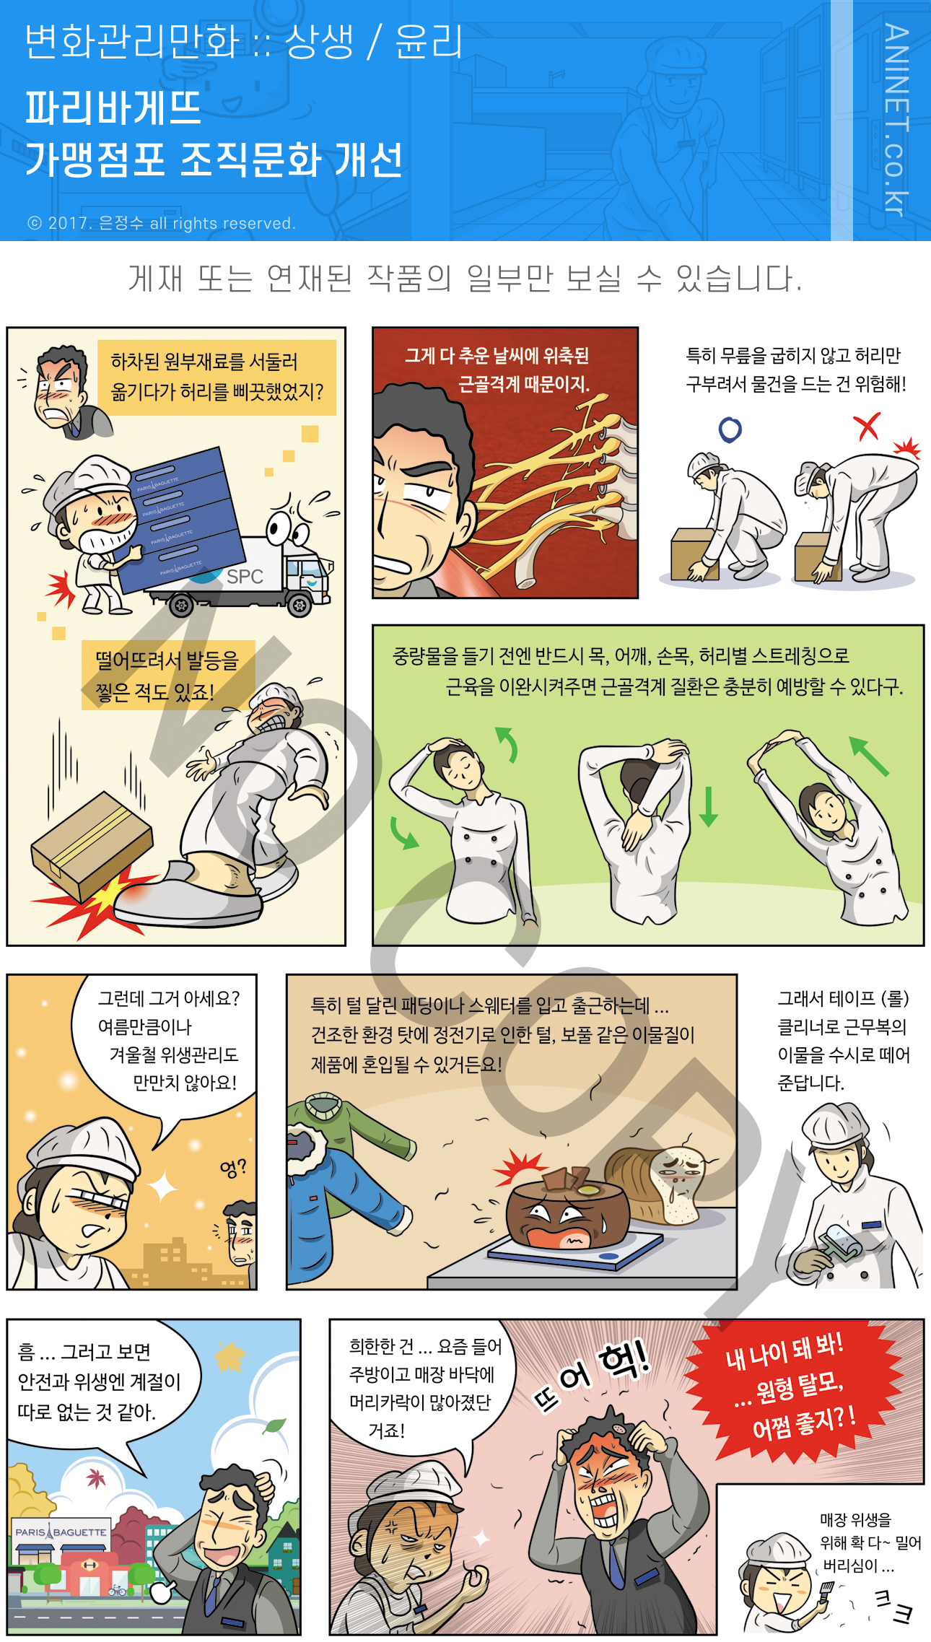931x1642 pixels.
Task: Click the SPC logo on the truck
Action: tap(245, 576)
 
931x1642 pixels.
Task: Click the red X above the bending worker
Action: tap(867, 427)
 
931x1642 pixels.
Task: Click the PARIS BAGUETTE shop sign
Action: tap(61, 1532)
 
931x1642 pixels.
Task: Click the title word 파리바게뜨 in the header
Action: tap(113, 108)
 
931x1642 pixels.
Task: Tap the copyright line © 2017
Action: tap(162, 223)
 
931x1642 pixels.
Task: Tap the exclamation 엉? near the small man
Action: tap(233, 1168)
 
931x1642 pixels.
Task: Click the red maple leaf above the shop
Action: tap(95, 1479)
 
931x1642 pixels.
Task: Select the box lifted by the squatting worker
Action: tap(693, 554)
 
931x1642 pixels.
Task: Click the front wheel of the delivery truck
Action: tap(300, 604)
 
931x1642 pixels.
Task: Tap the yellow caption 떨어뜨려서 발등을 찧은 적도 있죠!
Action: tap(167, 676)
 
